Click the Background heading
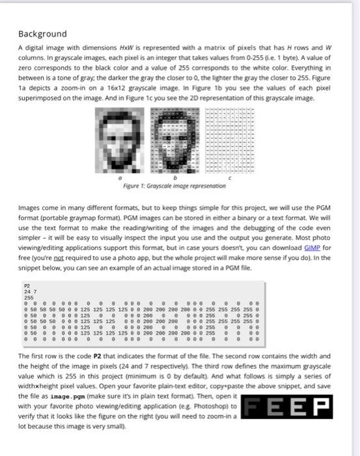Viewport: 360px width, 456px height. click(42, 33)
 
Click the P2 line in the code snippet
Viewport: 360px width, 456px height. click(27, 285)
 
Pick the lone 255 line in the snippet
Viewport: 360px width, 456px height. click(29, 296)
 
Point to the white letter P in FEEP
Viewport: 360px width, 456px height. click(321, 409)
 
